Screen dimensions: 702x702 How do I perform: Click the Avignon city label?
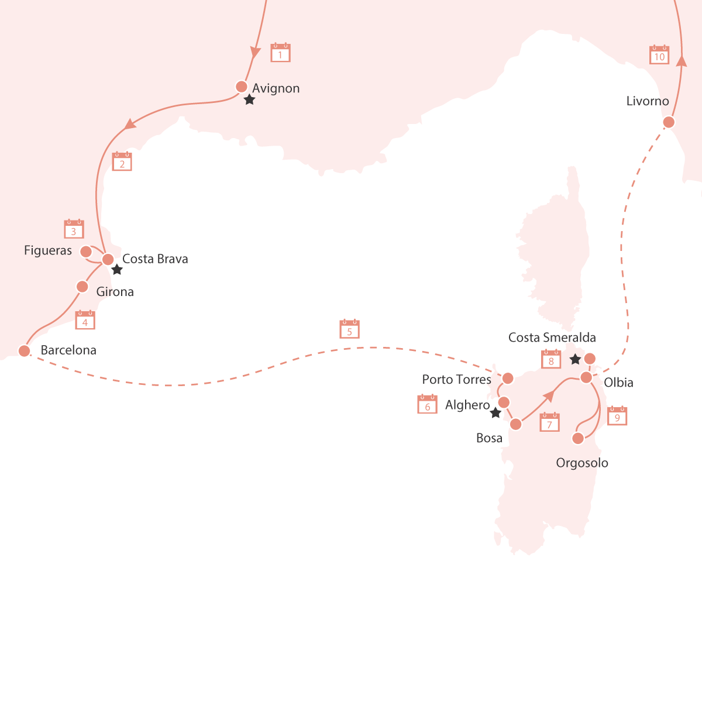[276, 88]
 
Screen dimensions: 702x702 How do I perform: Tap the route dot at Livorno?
[669, 122]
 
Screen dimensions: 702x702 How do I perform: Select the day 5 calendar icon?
[349, 329]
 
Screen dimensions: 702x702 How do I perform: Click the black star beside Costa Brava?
[117, 270]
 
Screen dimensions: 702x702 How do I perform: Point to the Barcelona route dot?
[24, 351]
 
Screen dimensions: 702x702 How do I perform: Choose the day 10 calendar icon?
[659, 55]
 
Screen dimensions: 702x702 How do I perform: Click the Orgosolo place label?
[581, 463]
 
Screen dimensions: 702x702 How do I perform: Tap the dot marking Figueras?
[85, 252]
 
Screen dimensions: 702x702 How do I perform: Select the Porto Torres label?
[456, 380]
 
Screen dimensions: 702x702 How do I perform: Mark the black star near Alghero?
[495, 413]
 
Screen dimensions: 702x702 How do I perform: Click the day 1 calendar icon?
[280, 53]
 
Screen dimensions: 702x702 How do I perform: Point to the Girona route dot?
[82, 287]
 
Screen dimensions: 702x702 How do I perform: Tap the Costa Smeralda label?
[552, 338]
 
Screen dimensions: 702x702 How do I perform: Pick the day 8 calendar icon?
[551, 359]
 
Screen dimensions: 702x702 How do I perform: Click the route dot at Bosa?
[515, 424]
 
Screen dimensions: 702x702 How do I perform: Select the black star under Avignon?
[249, 100]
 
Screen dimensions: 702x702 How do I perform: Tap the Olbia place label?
[618, 383]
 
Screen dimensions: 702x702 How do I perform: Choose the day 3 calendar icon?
[74, 229]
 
